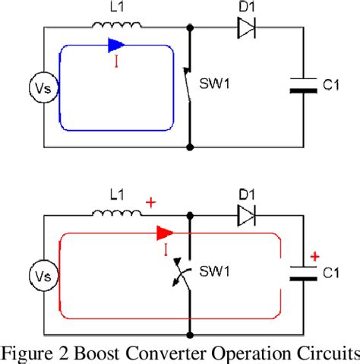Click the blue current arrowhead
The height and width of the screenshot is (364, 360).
pos(115,45)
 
